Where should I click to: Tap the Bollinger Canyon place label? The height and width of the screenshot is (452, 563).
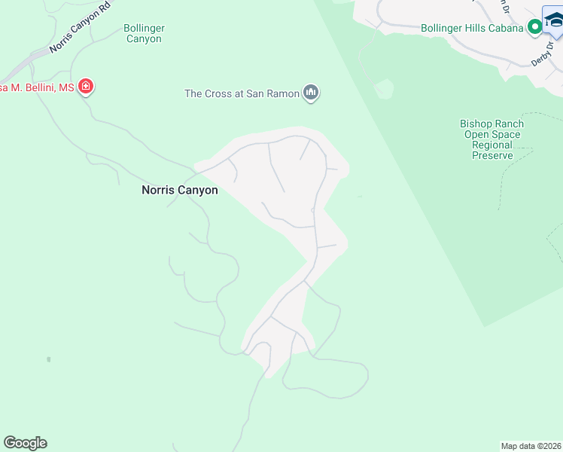click(144, 33)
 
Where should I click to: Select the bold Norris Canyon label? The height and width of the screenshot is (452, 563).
click(180, 191)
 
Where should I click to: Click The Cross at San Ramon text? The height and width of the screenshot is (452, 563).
click(242, 93)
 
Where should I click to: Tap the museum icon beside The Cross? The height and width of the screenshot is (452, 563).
click(311, 93)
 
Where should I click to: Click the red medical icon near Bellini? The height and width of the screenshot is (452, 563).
click(86, 87)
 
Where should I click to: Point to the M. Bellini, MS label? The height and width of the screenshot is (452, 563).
click(37, 88)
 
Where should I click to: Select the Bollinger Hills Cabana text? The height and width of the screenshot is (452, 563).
click(472, 28)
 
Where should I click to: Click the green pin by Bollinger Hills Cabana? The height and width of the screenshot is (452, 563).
click(535, 28)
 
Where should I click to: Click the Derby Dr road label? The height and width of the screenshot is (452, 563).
click(541, 53)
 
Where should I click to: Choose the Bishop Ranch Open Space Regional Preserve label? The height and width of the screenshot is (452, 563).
click(492, 139)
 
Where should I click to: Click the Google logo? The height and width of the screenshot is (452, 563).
click(25, 443)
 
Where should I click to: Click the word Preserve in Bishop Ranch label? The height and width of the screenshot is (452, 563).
click(492, 155)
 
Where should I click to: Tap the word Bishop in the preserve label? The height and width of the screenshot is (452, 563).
click(476, 124)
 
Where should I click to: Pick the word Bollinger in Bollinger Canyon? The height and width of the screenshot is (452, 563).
click(144, 28)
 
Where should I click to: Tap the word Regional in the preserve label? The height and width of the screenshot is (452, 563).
click(492, 145)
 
